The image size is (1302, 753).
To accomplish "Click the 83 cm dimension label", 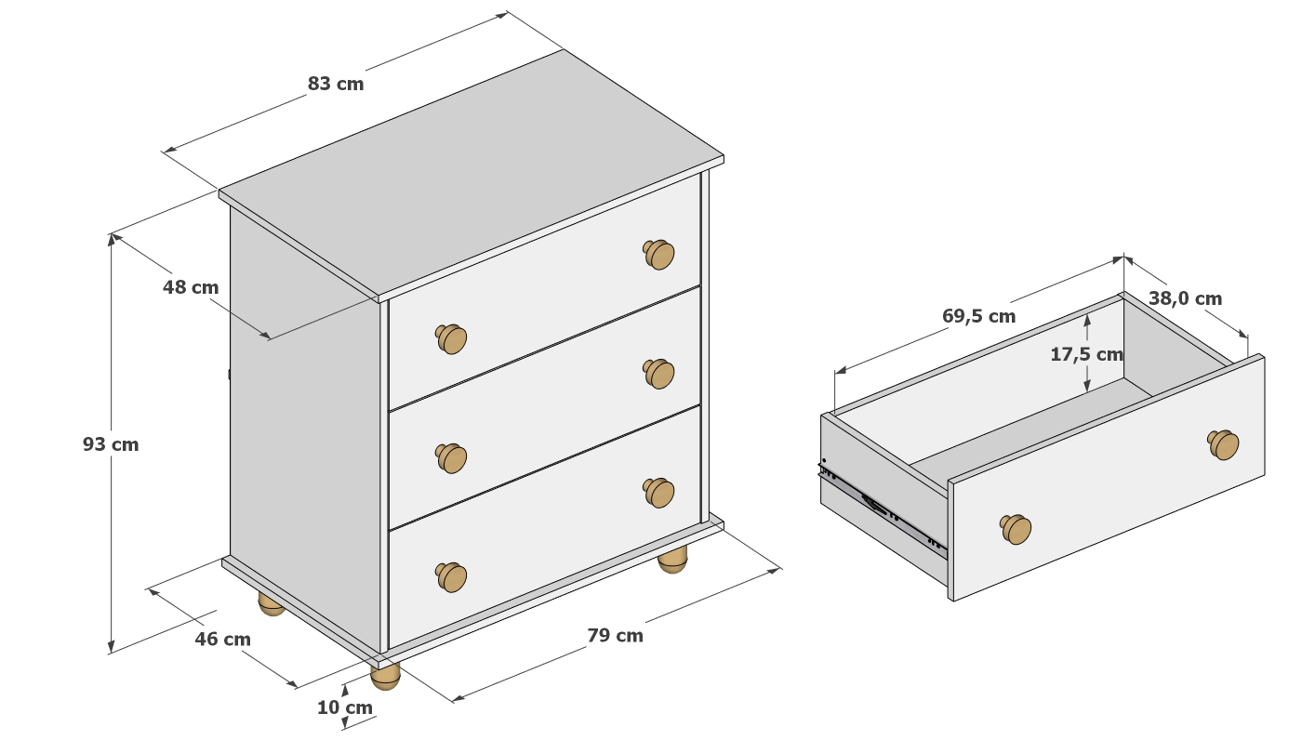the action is click(x=336, y=84).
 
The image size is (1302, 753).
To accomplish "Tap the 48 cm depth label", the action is click(x=190, y=287).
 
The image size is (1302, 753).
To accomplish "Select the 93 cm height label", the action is click(x=111, y=444).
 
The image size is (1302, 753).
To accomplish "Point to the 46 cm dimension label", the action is click(x=222, y=640).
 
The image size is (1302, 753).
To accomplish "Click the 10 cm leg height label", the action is click(x=345, y=707).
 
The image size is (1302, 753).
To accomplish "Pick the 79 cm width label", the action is click(x=615, y=636).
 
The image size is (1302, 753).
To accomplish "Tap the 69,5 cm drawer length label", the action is click(x=978, y=316).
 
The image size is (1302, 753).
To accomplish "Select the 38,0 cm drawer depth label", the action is click(x=1185, y=298).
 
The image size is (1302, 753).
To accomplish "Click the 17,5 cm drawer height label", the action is click(x=1086, y=354).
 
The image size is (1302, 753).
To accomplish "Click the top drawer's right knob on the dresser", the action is click(x=658, y=254).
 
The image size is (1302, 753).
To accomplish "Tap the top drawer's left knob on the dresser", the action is click(x=451, y=338).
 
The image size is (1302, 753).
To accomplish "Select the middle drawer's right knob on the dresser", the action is click(x=658, y=374).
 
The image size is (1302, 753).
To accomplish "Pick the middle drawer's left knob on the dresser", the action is click(x=451, y=458).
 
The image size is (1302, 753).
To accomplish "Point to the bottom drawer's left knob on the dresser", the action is click(x=451, y=577).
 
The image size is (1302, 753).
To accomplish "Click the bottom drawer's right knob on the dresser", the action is click(x=658, y=493).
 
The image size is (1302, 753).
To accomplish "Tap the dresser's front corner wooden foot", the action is click(x=385, y=677).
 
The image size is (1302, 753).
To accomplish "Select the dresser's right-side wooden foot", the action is click(x=672, y=560).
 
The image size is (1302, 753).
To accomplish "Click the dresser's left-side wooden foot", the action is click(x=271, y=604).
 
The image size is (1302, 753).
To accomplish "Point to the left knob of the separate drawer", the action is click(x=1016, y=529).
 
